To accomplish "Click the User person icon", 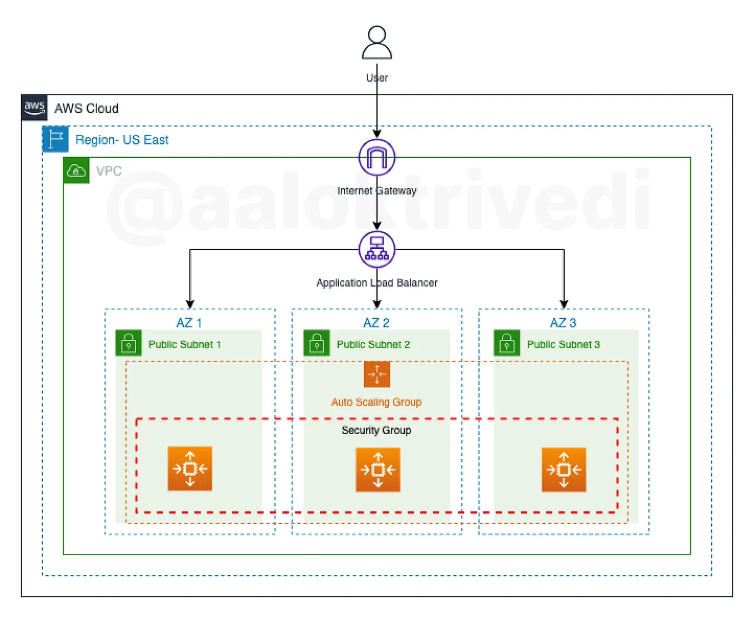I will [x=377, y=43].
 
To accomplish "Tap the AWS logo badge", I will [x=34, y=107].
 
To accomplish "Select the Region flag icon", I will [x=56, y=139].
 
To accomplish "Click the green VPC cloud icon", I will [x=76, y=170].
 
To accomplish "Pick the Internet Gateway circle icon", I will [x=377, y=158].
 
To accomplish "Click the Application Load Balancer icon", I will [x=377, y=250].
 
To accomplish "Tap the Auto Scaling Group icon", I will [x=377, y=374].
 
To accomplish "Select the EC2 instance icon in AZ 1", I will [x=190, y=469].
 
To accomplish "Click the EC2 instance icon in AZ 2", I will [x=378, y=470].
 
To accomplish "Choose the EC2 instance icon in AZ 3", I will [x=564, y=470].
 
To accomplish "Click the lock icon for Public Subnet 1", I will [x=129, y=343].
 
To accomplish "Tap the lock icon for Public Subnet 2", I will [x=316, y=343].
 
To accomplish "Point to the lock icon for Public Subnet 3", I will [x=507, y=343].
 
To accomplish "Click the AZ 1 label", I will [x=189, y=323].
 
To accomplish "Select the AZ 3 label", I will [x=563, y=323].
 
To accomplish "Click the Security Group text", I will [x=376, y=430].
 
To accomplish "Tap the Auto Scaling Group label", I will [x=376, y=402].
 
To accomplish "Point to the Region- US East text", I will [x=122, y=140].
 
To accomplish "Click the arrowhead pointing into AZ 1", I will [x=190, y=304].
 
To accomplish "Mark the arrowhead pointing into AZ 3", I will [x=564, y=304].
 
